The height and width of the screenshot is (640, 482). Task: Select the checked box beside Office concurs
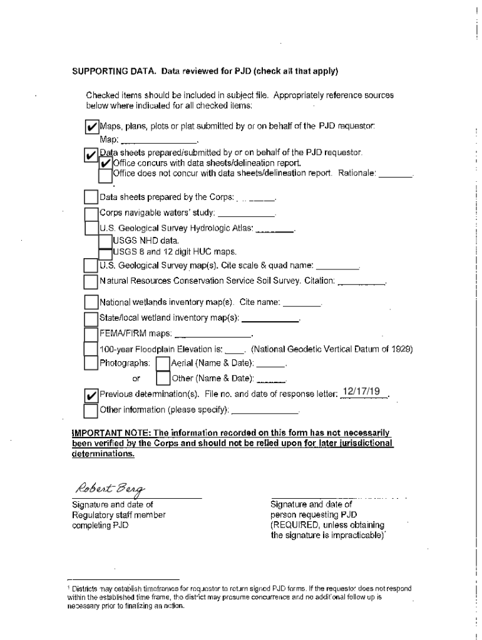pyautogui.click(x=105, y=164)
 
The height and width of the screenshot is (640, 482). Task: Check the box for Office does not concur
pyautogui.click(x=105, y=174)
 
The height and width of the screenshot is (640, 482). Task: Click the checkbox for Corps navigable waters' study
pyautogui.click(x=91, y=214)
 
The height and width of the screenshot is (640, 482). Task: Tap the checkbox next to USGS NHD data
pyautogui.click(x=105, y=241)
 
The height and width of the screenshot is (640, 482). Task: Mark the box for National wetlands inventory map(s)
pyautogui.click(x=91, y=303)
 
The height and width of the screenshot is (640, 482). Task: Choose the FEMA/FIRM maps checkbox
pyautogui.click(x=91, y=333)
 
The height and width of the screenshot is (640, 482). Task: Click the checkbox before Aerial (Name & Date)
pyautogui.click(x=163, y=363)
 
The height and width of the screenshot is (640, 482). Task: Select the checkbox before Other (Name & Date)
pyautogui.click(x=163, y=378)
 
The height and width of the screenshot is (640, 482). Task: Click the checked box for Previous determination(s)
pyautogui.click(x=91, y=396)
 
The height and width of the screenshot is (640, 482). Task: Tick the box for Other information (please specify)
pyautogui.click(x=91, y=411)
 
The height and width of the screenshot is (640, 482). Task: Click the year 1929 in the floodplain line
pyautogui.click(x=403, y=349)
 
